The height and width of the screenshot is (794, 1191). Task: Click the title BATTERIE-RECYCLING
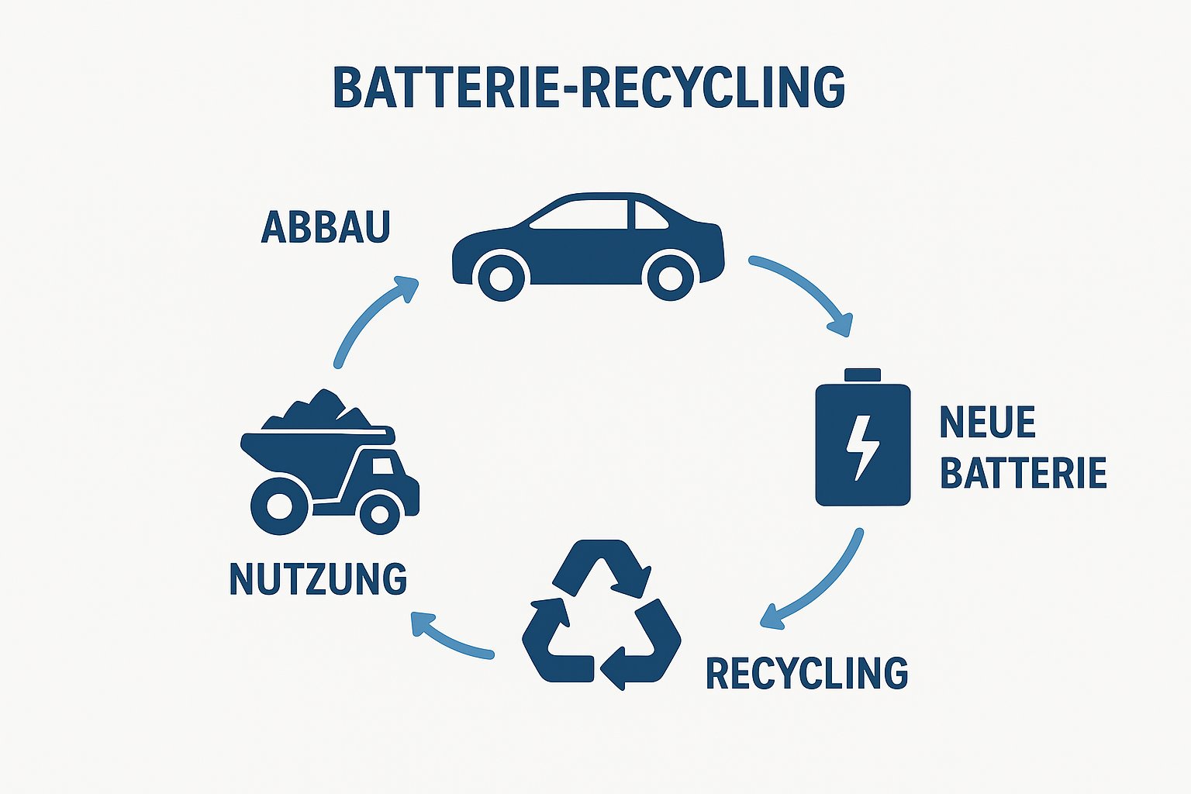(589, 87)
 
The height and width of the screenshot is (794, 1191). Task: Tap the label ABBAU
(326, 226)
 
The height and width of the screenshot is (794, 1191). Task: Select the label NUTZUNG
(318, 579)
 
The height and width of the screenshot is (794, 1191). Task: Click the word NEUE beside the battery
(987, 423)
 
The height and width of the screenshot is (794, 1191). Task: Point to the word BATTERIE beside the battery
(1023, 473)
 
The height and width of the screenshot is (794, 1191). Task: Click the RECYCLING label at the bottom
(806, 673)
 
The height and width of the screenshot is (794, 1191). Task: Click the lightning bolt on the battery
(861, 447)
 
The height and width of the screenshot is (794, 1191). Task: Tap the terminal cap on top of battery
(862, 375)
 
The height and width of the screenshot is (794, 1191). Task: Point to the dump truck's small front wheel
(380, 513)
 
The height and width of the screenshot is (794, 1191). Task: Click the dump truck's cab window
(383, 467)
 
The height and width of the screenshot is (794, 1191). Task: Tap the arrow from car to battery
(806, 291)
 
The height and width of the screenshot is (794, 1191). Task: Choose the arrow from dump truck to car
(372, 318)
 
